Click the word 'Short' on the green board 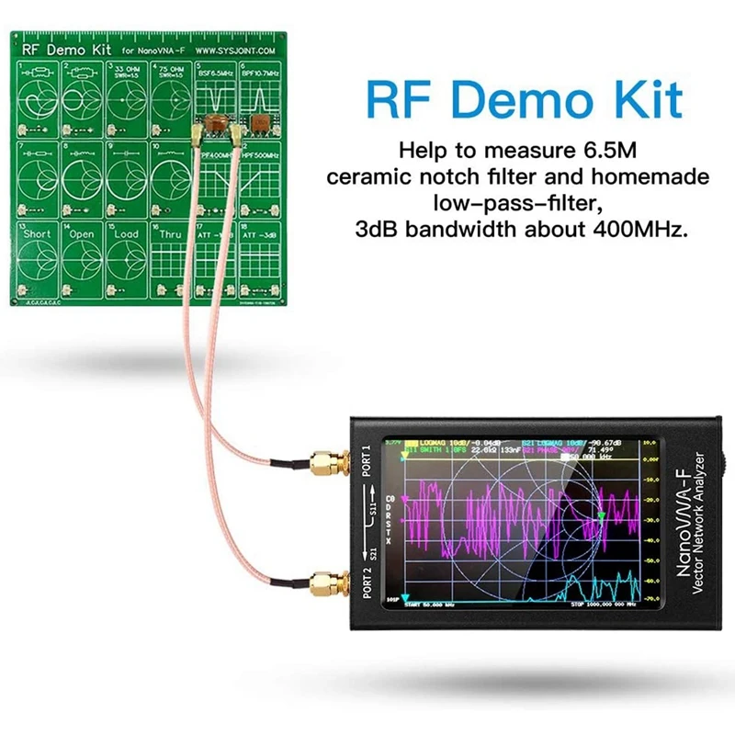(37, 234)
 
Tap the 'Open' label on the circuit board (82, 234)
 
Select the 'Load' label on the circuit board (126, 234)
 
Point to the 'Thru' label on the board (172, 234)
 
